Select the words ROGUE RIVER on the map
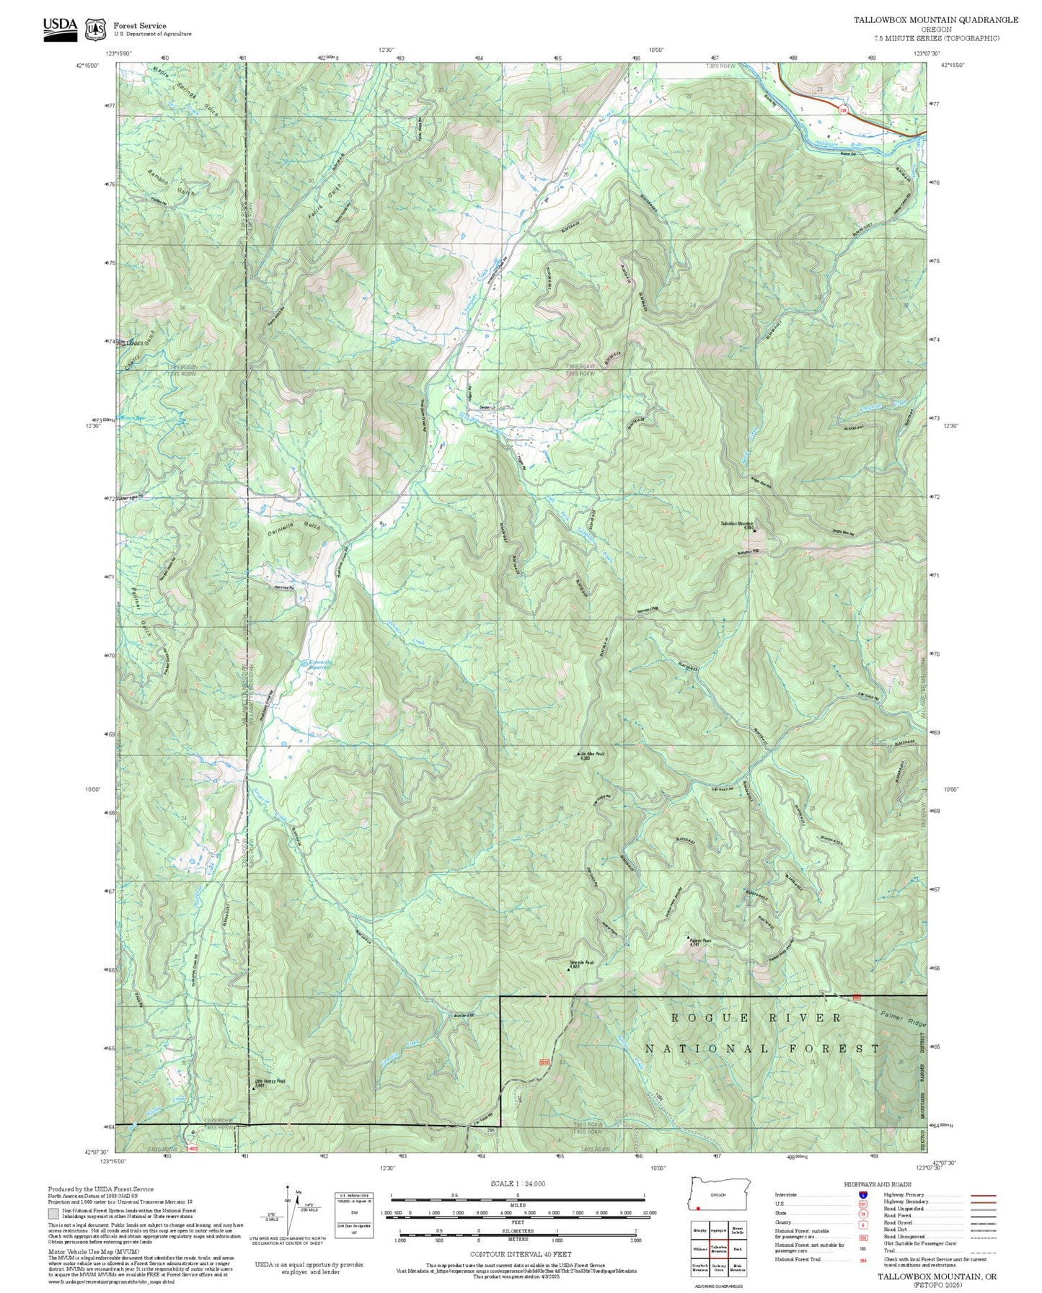click(756, 1018)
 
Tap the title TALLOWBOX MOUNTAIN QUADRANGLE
click(936, 20)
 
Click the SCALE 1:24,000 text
click(517, 1183)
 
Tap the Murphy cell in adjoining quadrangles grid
click(699, 1230)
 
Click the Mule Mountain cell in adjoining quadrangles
click(738, 1267)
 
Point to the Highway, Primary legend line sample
click(983, 1195)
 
